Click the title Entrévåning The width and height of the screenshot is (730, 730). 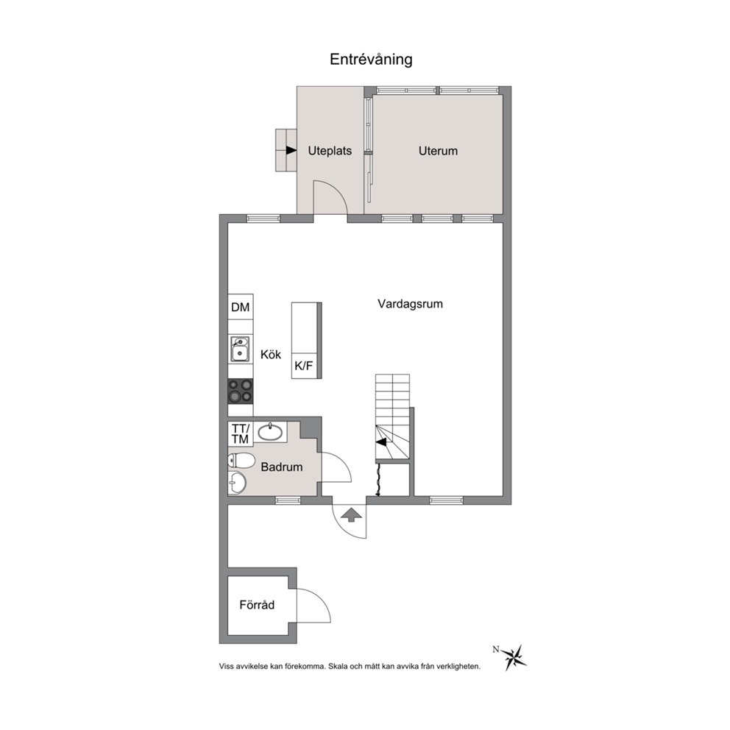[371, 60]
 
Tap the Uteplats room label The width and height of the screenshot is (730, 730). [330, 151]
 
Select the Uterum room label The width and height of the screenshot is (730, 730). [438, 151]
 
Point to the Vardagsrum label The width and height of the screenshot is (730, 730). [410, 304]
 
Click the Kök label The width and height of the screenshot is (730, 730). [271, 354]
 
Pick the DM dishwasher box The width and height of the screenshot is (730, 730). [240, 307]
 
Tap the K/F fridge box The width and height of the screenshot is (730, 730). [304, 366]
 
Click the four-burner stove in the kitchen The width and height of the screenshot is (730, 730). [240, 391]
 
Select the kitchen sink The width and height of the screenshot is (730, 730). [240, 349]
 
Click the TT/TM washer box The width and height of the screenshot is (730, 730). [240, 434]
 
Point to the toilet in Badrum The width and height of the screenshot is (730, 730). [241, 461]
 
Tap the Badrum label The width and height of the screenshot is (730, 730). [282, 467]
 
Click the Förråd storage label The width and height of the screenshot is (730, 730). [257, 605]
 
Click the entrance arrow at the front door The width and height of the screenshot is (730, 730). [352, 514]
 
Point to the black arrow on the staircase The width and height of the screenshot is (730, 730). [381, 442]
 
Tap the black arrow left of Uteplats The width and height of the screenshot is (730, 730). [291, 150]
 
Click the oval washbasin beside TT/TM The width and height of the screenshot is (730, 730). [270, 432]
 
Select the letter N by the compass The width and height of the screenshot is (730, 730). [496, 649]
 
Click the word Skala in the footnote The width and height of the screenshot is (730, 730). [338, 666]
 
